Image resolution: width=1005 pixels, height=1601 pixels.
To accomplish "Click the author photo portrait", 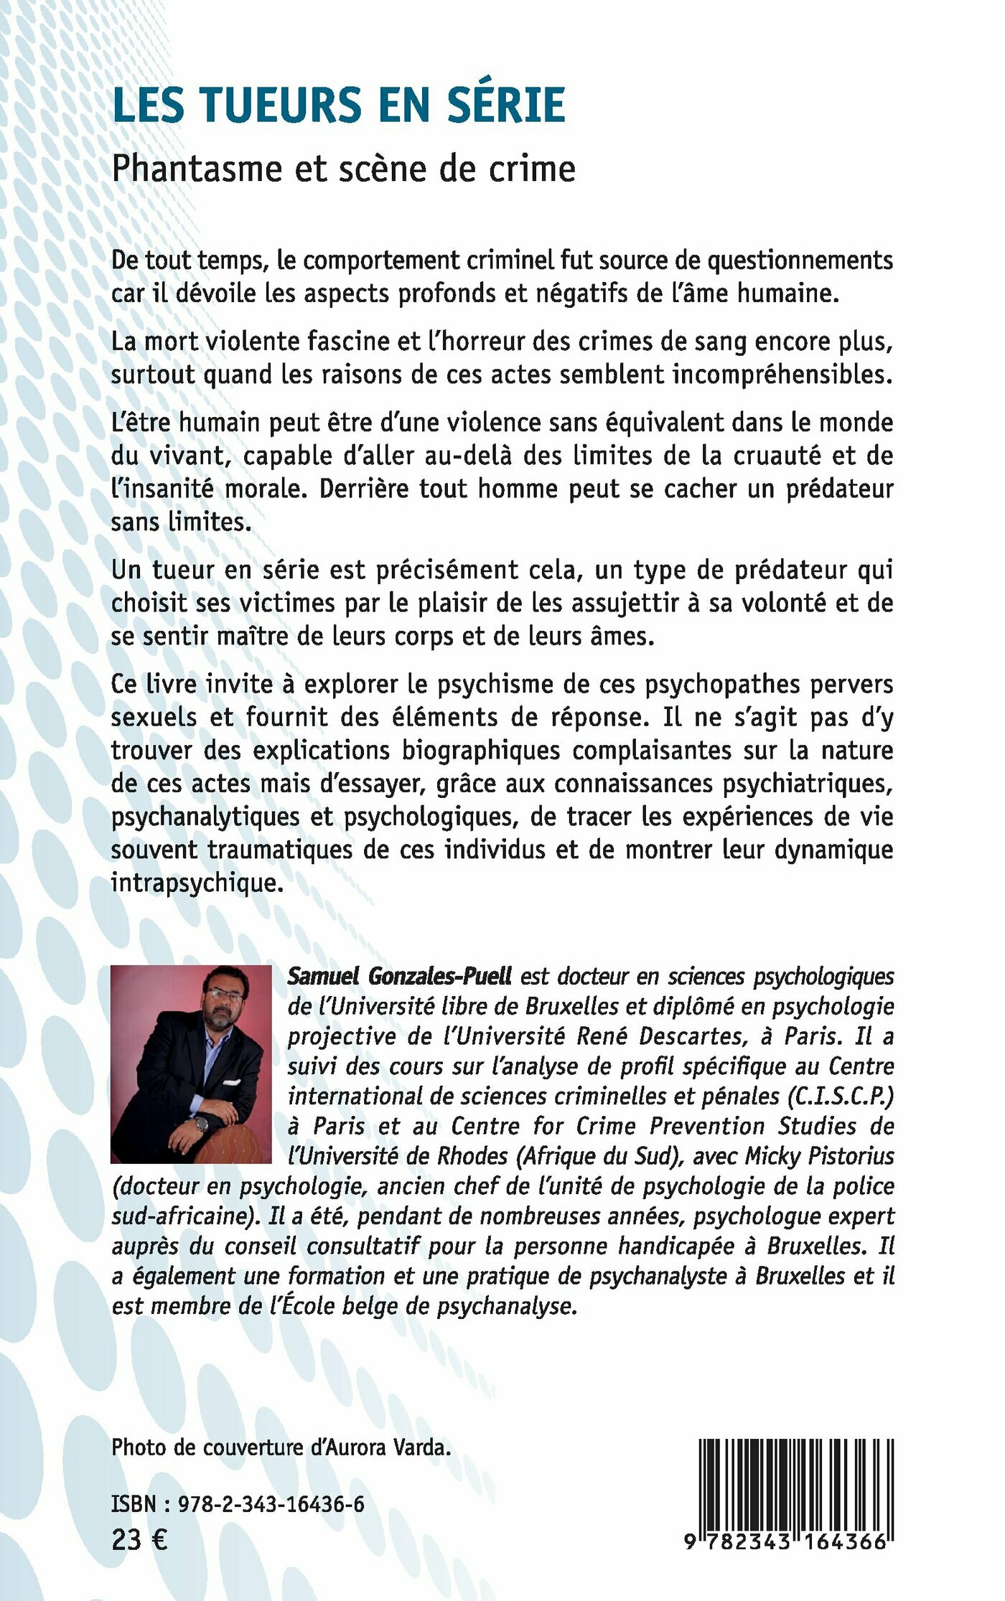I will coord(191,1064).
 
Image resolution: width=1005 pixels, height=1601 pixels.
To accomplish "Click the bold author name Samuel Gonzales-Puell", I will coord(400,976).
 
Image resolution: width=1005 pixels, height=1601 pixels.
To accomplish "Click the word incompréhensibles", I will coord(782,374).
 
